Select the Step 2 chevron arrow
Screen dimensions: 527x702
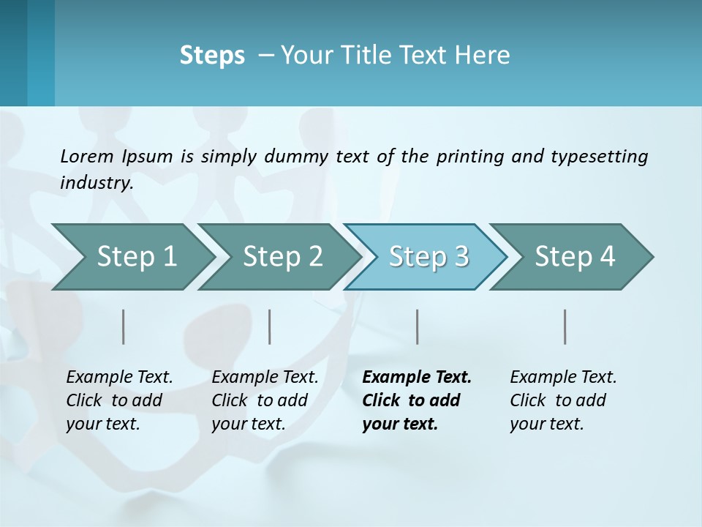tap(282, 257)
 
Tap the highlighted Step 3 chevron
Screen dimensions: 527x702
tap(429, 257)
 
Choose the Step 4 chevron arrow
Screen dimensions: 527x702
tap(575, 257)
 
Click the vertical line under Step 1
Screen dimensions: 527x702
tap(124, 326)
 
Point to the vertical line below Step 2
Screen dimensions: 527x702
tap(270, 326)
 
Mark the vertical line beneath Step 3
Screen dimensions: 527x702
tap(418, 326)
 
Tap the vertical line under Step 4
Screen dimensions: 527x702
tap(565, 326)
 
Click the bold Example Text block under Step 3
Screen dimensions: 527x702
tap(416, 400)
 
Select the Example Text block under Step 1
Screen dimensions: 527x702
tap(119, 400)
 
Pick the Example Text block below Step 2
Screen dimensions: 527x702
tap(265, 400)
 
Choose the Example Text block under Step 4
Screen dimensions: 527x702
tap(563, 400)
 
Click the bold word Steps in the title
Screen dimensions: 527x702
tap(212, 56)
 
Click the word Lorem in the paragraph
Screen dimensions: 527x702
tap(87, 156)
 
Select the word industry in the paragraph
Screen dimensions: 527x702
tap(97, 182)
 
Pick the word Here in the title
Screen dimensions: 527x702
tap(485, 56)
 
